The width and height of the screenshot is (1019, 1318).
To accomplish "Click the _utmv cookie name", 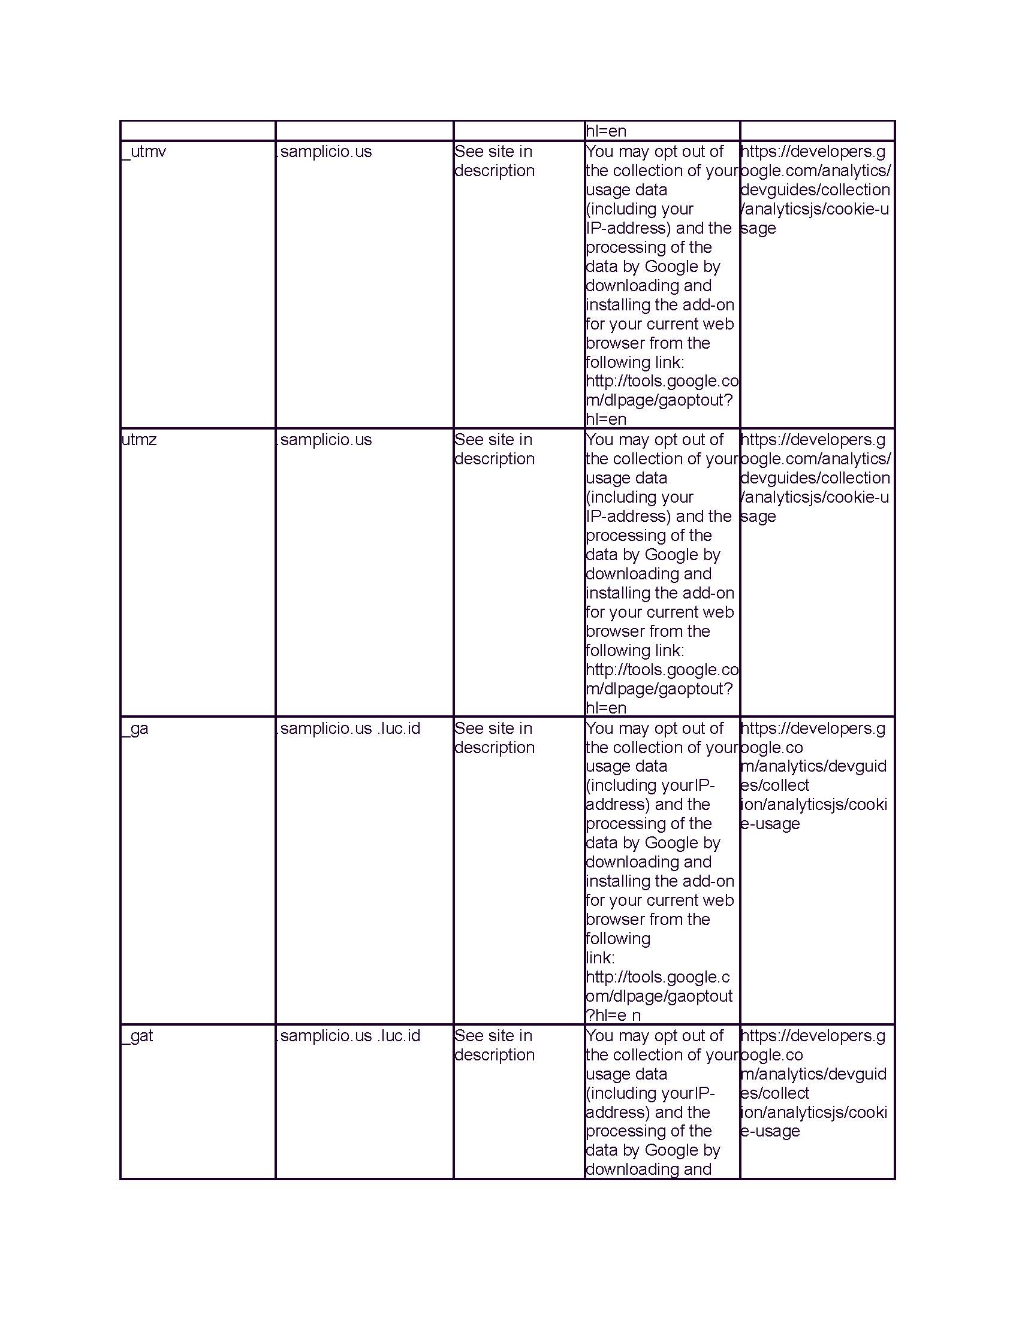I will (x=144, y=152).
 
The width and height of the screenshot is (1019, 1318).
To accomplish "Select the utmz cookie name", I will (x=139, y=439).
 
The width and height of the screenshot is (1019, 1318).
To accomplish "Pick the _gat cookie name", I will (x=138, y=1036).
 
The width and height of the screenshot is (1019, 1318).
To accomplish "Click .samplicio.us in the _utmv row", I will (x=324, y=152).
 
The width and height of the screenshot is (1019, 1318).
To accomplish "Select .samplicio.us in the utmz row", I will (x=324, y=439).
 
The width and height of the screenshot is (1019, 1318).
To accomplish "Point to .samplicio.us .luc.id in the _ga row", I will (x=348, y=728).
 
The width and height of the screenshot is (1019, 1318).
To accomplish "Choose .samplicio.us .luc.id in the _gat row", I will (x=348, y=1036).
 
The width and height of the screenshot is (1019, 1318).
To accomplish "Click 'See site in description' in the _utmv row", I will (x=495, y=161).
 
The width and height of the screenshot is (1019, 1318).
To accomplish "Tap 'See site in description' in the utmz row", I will (x=495, y=449).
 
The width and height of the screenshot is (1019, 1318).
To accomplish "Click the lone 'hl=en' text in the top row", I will (x=606, y=131).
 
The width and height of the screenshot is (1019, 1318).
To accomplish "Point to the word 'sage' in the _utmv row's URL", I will (x=758, y=228).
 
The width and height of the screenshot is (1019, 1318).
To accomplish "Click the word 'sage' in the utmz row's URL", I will (x=758, y=516).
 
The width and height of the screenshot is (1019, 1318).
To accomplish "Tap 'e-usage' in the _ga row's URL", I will (x=770, y=824).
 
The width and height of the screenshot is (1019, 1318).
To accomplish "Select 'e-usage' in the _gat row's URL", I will (x=770, y=1131).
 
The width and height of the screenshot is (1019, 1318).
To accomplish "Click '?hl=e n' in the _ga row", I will (x=613, y=1015).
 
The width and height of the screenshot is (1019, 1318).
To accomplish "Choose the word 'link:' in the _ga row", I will (x=600, y=958).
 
